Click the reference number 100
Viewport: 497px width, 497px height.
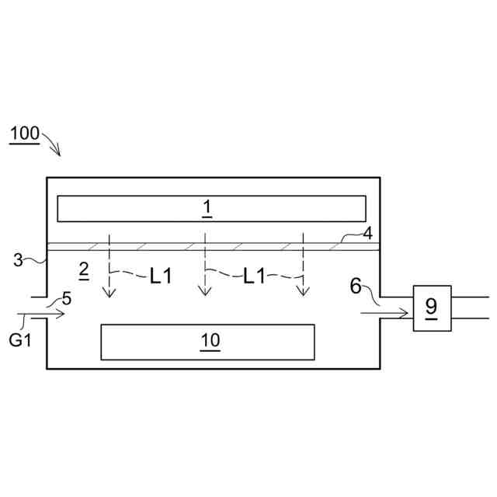tap(25, 134)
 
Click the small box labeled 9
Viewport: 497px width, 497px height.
tap(431, 308)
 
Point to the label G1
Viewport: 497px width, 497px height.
tap(20, 339)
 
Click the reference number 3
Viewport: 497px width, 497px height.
tap(18, 260)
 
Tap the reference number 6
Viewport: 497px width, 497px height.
tap(356, 286)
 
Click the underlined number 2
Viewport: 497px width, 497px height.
tap(84, 270)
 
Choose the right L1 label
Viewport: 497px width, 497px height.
tap(254, 276)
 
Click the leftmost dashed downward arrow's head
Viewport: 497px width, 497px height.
tap(109, 294)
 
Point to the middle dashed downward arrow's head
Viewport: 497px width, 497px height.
tap(205, 293)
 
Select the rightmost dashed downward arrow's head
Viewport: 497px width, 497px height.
tap(303, 294)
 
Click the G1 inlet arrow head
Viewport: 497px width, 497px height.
tap(63, 315)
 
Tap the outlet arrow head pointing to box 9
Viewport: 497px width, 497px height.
tap(405, 314)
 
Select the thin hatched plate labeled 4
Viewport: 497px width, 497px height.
tap(233, 247)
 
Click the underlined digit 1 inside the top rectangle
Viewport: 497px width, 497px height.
tap(207, 207)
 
